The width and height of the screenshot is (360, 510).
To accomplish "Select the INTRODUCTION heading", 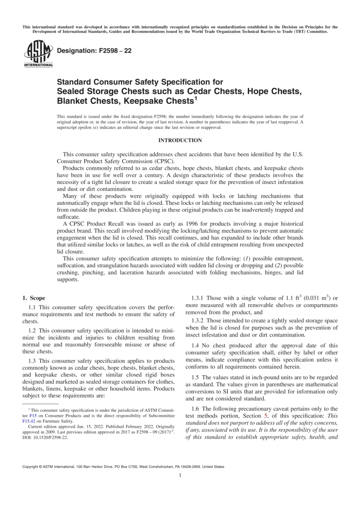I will click(x=180, y=140).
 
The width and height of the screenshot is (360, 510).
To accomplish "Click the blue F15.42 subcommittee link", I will click(x=29, y=421).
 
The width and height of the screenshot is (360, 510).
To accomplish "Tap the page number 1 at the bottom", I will click(x=180, y=475).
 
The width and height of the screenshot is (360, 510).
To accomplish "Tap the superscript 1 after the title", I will click(x=196, y=99).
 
